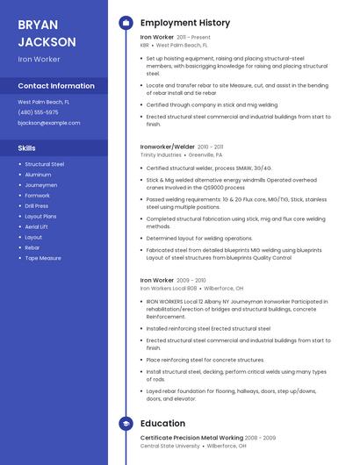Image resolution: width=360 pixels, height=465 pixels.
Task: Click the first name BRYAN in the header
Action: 38,24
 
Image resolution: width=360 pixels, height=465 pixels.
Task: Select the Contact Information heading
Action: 56,86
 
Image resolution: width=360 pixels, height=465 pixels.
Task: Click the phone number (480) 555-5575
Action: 39,112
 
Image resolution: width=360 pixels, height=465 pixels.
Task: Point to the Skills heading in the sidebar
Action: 27,148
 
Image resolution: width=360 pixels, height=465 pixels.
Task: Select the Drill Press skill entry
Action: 36,205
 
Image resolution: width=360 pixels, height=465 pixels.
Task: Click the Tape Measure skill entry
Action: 43,258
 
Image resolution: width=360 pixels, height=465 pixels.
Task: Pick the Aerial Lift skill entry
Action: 37,226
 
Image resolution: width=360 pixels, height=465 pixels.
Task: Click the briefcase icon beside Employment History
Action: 126,23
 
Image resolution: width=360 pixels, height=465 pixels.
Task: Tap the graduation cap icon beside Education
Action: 126,423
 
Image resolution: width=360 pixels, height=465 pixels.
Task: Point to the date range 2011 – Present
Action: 194,38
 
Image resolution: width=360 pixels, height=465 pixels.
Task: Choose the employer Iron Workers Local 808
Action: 169,288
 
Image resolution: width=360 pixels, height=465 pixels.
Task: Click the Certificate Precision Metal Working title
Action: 191,438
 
